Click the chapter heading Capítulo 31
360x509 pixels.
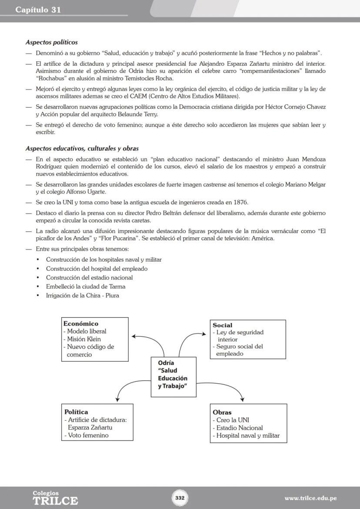pos(38,10)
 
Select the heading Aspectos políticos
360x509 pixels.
pos(51,42)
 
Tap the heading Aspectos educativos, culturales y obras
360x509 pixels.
pos(82,149)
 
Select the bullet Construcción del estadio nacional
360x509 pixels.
pos(89,277)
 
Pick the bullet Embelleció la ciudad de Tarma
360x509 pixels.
pos(86,286)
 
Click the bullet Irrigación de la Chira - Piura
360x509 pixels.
pos(82,296)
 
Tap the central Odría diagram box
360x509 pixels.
pos(173,376)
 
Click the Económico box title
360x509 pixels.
pos(81,323)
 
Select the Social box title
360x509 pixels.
pos(223,325)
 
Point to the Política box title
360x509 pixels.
pos(76,412)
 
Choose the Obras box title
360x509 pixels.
pos(222,412)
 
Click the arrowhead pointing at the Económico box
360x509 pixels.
pos(133,336)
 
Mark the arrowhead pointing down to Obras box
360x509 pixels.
pos(242,399)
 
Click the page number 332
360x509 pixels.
pos(180,498)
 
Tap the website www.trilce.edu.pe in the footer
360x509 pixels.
pos(310,498)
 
